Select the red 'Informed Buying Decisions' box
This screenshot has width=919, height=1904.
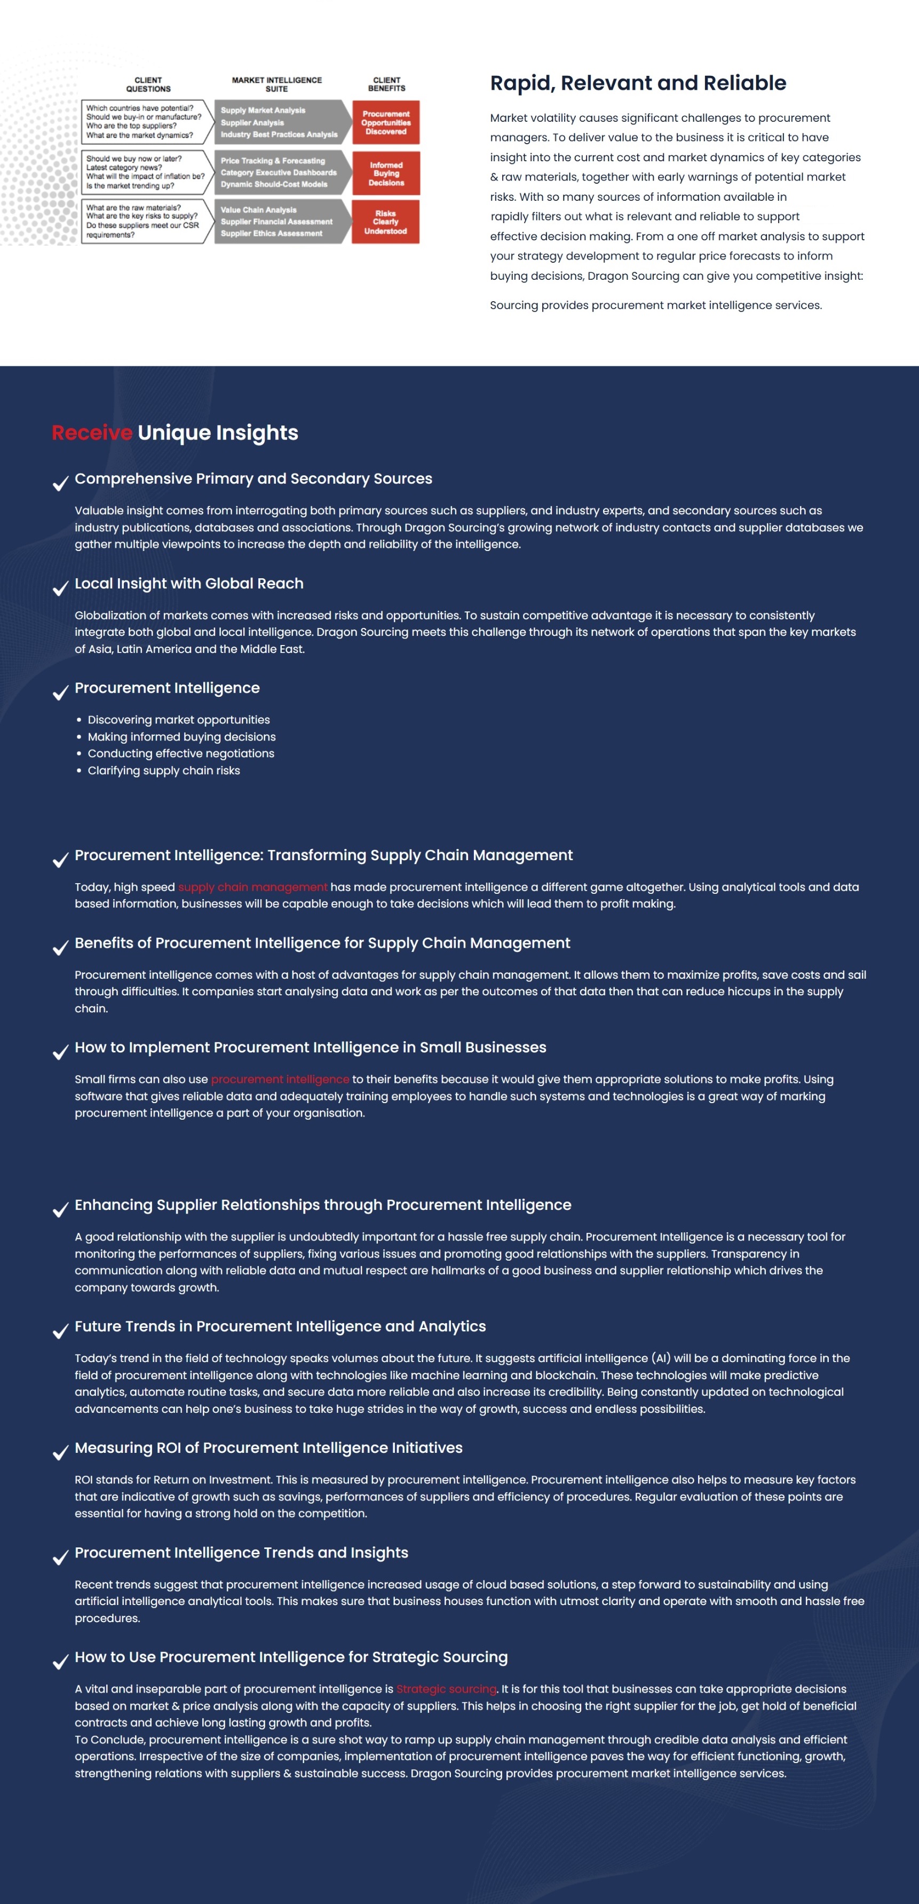[x=386, y=174]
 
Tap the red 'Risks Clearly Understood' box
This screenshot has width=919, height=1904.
[x=386, y=222]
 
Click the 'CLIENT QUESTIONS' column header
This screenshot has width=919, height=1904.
[x=148, y=84]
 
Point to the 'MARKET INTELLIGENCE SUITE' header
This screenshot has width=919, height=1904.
[x=276, y=84]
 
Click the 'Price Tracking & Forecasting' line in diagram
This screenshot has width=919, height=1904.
[x=273, y=160]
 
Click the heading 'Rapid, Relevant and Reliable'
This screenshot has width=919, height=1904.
[x=638, y=83]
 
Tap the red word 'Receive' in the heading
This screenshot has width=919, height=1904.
[x=92, y=432]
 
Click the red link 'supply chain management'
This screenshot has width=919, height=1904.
[x=252, y=887]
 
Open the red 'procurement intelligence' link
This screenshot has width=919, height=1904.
[x=280, y=1079]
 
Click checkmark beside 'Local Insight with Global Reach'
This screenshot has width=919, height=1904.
[x=61, y=588]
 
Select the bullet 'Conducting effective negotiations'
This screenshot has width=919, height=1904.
[x=181, y=753]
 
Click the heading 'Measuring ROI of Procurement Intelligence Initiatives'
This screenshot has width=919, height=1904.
[x=268, y=1448]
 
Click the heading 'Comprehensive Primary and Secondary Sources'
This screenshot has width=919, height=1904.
[x=253, y=478]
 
